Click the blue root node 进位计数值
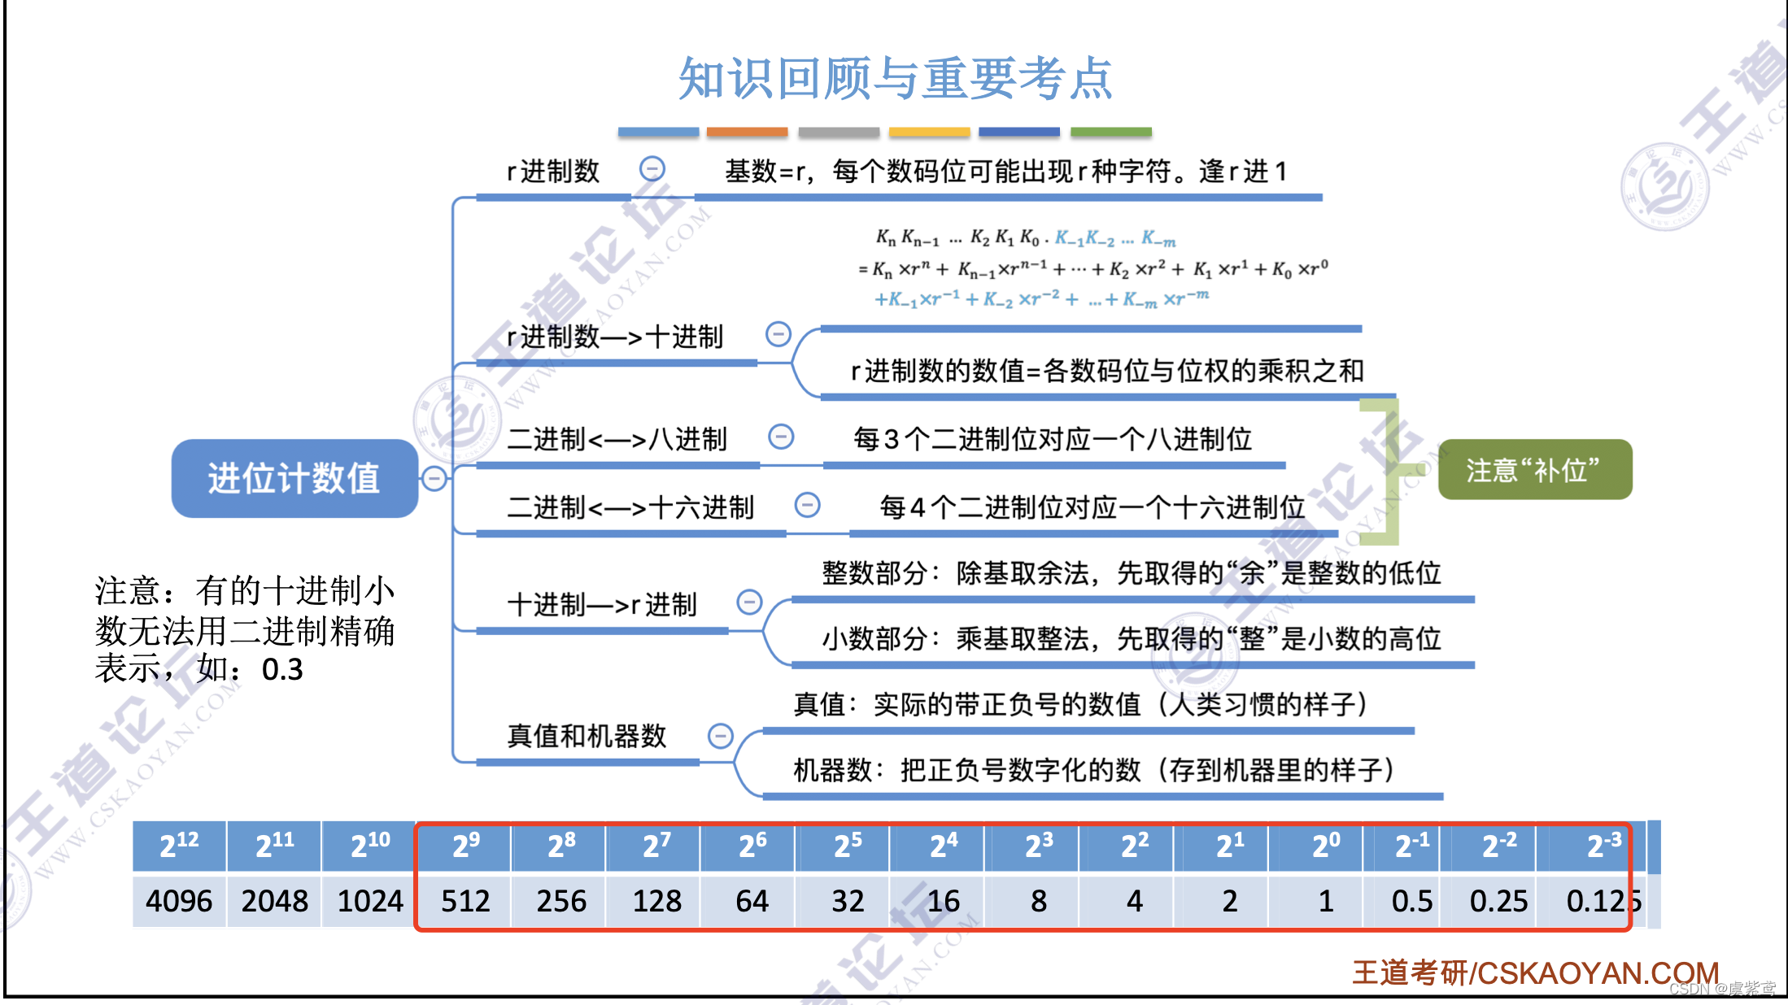pyautogui.click(x=294, y=478)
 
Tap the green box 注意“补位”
pyautogui.click(x=1534, y=470)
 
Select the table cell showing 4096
pyautogui.click(x=179, y=901)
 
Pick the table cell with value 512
pyautogui.click(x=465, y=901)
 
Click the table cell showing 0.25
pyautogui.click(x=1498, y=901)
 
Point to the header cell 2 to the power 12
pyautogui.click(x=179, y=846)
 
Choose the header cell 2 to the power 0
pyautogui.click(x=1326, y=846)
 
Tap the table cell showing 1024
pyautogui.click(x=370, y=901)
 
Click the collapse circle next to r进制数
pyautogui.click(x=652, y=168)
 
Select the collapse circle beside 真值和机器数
pyautogui.click(x=721, y=736)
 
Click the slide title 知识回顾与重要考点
pyautogui.click(x=895, y=79)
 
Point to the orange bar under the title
pyautogui.click(x=747, y=132)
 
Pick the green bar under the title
pyautogui.click(x=1110, y=132)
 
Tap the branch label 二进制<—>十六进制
pyautogui.click(x=630, y=507)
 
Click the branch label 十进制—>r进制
pyautogui.click(x=602, y=604)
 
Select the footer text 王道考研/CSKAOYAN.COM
pyautogui.click(x=1535, y=972)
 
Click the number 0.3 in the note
pyautogui.click(x=282, y=669)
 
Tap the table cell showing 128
pyautogui.click(x=656, y=901)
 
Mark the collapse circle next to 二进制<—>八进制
pyautogui.click(x=781, y=437)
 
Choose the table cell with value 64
pyautogui.click(x=752, y=901)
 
